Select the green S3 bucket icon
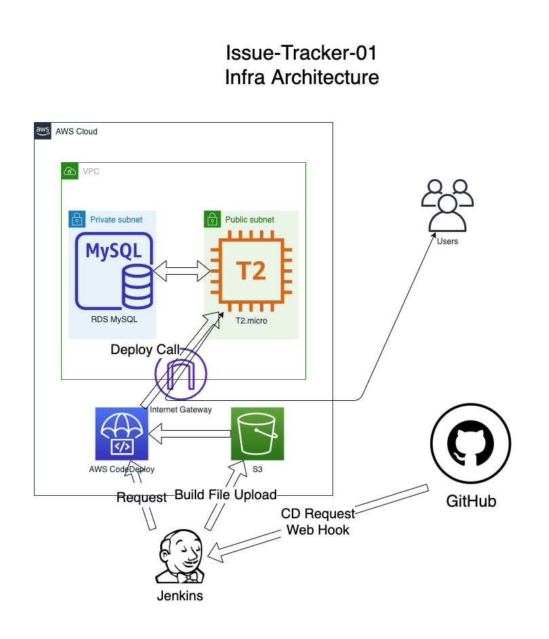[257, 433]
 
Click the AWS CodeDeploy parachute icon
[121, 433]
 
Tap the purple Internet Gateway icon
[181, 375]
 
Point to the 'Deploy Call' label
[145, 350]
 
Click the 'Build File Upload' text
[225, 494]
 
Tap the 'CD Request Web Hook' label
[318, 522]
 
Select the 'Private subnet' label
[116, 220]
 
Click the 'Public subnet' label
[249, 220]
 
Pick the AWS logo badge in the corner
[43, 131]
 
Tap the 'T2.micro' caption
[251, 320]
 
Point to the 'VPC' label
[91, 171]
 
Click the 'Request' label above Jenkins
[141, 497]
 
